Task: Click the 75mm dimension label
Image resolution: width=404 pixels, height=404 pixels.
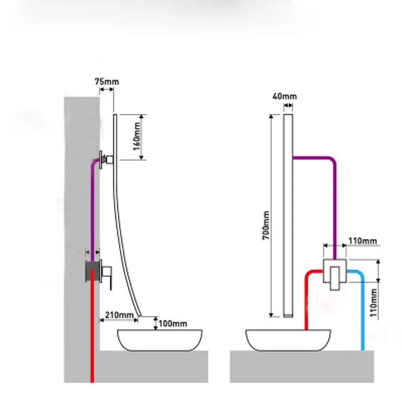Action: point(107,82)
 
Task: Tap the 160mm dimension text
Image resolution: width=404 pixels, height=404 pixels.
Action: point(137,137)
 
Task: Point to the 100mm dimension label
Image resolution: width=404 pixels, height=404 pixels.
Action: point(173,324)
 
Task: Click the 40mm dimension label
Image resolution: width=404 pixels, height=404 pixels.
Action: point(285,96)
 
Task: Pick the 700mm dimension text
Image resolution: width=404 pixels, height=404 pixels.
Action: point(266,225)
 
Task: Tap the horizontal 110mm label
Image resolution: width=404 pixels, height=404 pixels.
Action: point(363,241)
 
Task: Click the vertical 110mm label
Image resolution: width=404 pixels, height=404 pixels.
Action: point(374,302)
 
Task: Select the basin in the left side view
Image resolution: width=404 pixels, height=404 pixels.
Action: point(160,340)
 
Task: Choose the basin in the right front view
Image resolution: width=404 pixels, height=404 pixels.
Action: point(288,340)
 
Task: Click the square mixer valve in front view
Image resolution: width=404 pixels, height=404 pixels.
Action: point(335,271)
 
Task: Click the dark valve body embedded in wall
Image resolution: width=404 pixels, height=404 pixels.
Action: point(93,271)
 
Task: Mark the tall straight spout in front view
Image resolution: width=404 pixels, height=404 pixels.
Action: point(288,216)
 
